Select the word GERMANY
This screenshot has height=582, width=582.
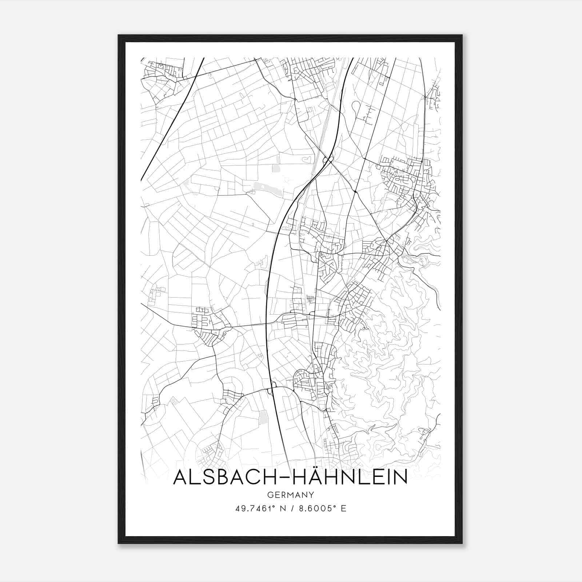click(x=291, y=495)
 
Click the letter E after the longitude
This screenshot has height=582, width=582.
click(x=344, y=509)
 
